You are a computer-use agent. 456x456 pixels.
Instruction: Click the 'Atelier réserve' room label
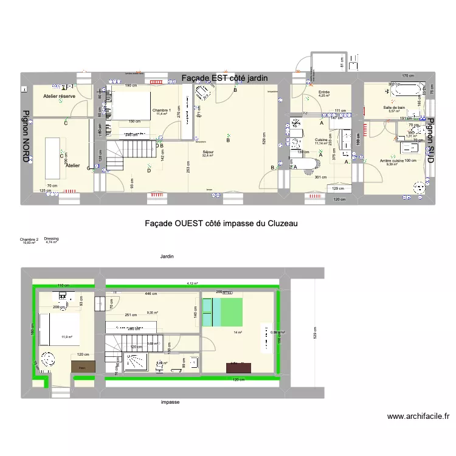[59, 97]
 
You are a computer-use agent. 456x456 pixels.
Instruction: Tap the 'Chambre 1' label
[161, 110]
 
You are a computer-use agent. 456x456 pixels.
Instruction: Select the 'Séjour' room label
[208, 153]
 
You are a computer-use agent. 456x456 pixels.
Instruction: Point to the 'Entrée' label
[324, 92]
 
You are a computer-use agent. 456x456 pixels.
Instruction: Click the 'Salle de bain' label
[394, 108]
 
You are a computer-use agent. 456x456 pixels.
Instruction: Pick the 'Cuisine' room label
[321, 140]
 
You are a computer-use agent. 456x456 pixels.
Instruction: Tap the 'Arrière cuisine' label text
[392, 161]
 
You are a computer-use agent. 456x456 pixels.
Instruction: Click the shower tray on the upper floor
[133, 362]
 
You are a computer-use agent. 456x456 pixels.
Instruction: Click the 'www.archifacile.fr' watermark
[418, 416]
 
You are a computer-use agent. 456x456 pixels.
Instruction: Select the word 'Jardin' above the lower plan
[167, 257]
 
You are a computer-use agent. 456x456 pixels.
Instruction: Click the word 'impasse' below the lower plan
[170, 402]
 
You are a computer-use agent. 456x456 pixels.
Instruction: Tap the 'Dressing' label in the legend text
[52, 239]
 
